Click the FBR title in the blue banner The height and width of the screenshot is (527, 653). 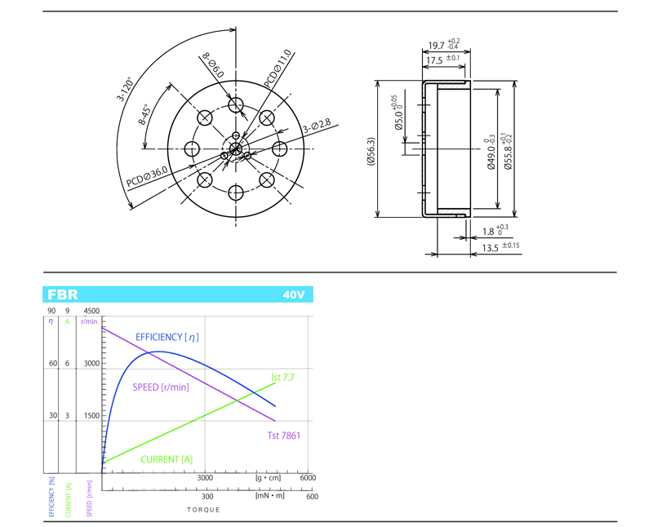tap(63, 294)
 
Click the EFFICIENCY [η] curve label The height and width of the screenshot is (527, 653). tap(167, 337)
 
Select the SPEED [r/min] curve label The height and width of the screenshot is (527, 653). tap(161, 387)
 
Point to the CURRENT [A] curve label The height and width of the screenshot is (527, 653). tap(167, 459)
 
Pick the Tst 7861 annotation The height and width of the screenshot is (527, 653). tap(283, 436)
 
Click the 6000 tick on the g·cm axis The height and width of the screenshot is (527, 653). tap(307, 478)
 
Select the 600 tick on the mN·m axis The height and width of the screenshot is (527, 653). tap(311, 496)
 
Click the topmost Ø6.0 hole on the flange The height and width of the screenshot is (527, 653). tap(237, 104)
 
